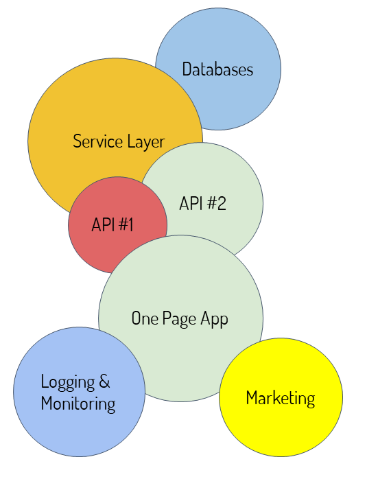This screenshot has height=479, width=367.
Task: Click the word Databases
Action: point(217,69)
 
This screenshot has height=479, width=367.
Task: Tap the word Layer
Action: point(146,143)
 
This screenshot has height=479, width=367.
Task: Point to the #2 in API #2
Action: point(217,203)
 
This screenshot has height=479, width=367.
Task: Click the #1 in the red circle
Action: point(126,224)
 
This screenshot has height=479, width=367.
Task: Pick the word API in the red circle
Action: point(103,224)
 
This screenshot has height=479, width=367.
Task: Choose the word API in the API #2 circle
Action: point(191,203)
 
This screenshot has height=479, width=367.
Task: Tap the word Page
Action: point(179,320)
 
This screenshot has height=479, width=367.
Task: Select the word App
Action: point(214,320)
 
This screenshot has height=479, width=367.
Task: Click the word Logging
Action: point(68,383)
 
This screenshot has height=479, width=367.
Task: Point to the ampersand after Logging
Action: point(104,382)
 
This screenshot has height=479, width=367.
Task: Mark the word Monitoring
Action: point(78,404)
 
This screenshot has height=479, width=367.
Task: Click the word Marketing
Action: point(281,399)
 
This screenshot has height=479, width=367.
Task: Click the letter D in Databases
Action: point(187,69)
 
